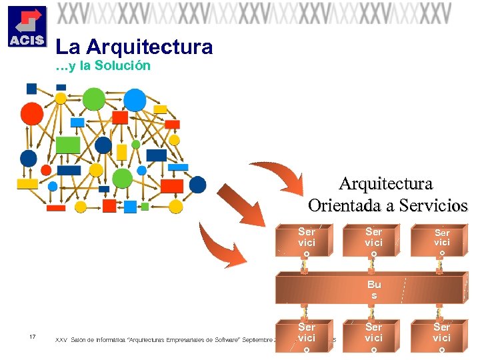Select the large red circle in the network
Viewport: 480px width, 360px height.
pos(31,114)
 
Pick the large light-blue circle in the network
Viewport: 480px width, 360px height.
pos(135,101)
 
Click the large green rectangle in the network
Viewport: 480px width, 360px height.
pos(67,145)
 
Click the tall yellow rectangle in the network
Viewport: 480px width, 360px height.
pos(121,152)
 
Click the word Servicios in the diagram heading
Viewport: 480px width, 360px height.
pos(433,206)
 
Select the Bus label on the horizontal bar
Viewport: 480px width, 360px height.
pos(374,289)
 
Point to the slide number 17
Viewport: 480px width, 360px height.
pos(33,336)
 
